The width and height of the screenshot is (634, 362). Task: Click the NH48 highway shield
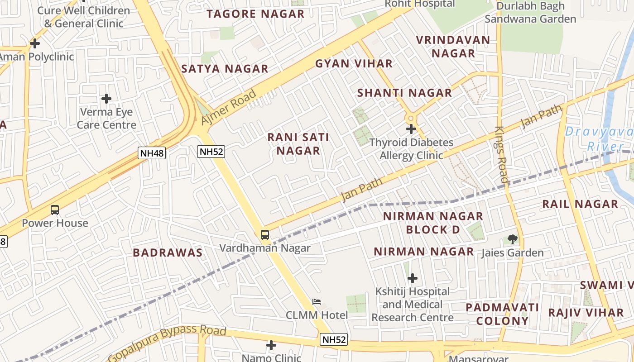[x=152, y=153]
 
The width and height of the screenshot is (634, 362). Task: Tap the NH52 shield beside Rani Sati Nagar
[x=211, y=152]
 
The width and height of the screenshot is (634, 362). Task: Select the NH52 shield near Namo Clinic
[x=334, y=340]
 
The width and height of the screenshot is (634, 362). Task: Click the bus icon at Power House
[x=55, y=210]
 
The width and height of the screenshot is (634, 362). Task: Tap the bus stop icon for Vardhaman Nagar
[x=265, y=235]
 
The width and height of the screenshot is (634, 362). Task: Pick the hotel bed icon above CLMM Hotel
[x=317, y=302]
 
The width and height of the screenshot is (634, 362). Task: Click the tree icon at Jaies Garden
[x=512, y=239]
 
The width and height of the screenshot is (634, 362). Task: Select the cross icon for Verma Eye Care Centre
[x=106, y=98]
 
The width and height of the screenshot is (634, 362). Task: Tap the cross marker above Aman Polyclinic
[x=35, y=43]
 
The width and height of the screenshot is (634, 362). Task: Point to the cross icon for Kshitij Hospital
[x=412, y=278]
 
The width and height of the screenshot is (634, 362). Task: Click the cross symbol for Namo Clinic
[x=271, y=345]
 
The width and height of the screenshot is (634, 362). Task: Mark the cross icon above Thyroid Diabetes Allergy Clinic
[x=411, y=129]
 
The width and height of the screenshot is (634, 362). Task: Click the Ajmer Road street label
[x=229, y=108]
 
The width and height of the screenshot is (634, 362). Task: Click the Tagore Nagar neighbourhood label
[x=255, y=14]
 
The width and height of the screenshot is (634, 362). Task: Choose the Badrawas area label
[x=168, y=253]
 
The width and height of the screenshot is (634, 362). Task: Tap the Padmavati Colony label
[x=502, y=314]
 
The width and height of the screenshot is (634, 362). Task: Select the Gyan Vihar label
[x=354, y=64]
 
